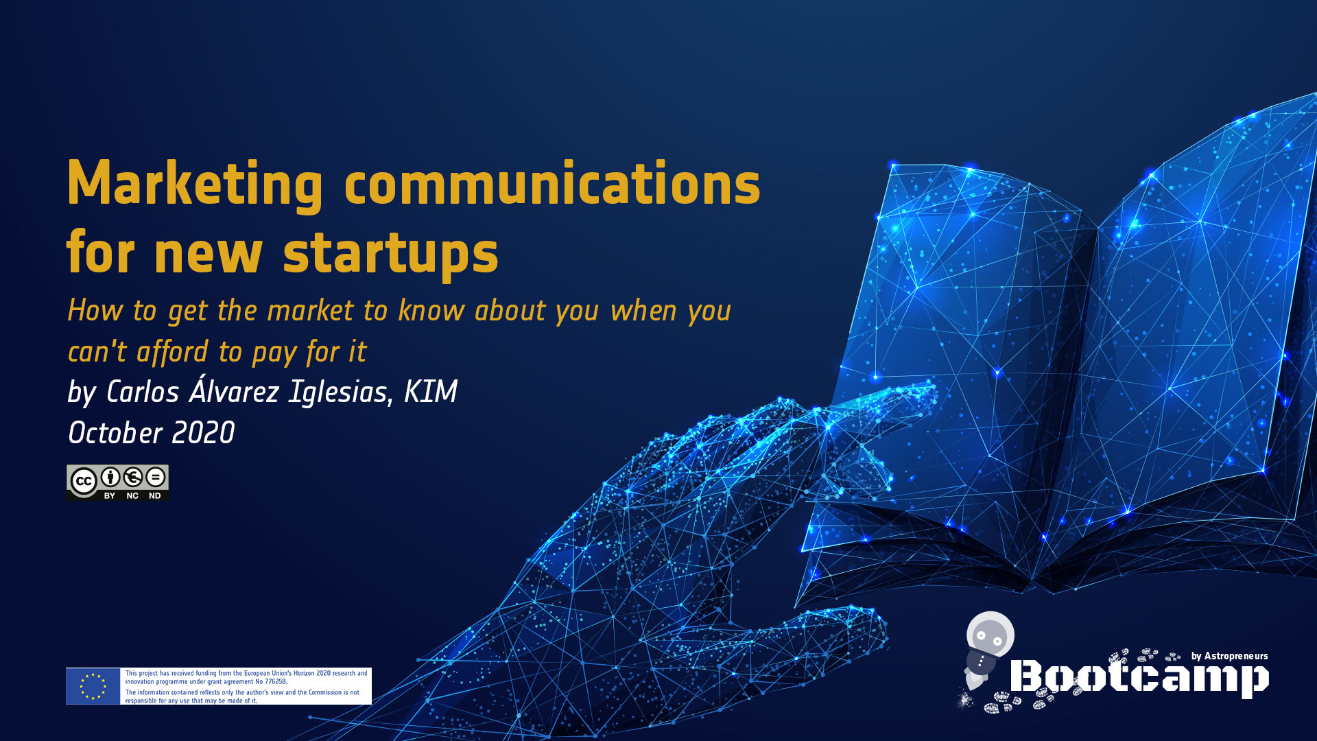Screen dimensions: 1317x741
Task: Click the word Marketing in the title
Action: (x=195, y=184)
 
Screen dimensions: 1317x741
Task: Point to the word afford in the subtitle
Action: (x=172, y=351)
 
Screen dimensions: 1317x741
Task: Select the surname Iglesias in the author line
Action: (x=341, y=392)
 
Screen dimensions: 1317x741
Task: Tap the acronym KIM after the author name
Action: (x=431, y=392)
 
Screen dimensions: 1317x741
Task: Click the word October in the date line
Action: (x=115, y=433)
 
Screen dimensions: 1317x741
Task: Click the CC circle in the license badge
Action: (x=84, y=481)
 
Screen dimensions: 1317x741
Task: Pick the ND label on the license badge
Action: (x=155, y=495)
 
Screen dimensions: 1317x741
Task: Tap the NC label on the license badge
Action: (x=132, y=495)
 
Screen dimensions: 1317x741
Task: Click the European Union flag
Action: (x=93, y=686)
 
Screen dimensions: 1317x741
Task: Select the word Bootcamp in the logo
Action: (x=1139, y=677)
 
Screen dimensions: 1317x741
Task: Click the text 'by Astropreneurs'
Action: (x=1229, y=656)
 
